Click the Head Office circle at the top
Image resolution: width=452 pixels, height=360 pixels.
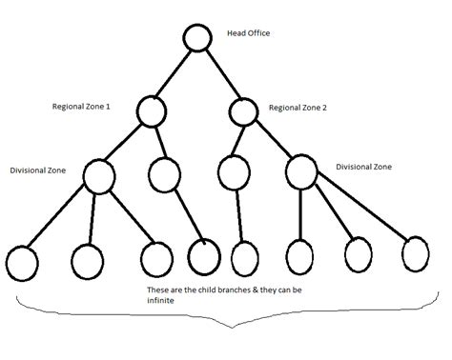[x=195, y=39]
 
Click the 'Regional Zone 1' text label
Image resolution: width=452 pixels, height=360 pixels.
[x=83, y=107]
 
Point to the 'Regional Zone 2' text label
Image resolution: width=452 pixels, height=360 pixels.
[x=298, y=108]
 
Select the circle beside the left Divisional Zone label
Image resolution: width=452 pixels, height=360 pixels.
[x=98, y=175]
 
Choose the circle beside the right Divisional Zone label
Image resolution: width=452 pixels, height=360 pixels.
[x=300, y=172]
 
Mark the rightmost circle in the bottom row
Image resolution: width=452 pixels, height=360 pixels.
[x=416, y=253]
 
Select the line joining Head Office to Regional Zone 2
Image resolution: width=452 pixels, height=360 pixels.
[x=218, y=73]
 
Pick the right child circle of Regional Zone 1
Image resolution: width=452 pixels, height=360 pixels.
[x=165, y=173]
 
